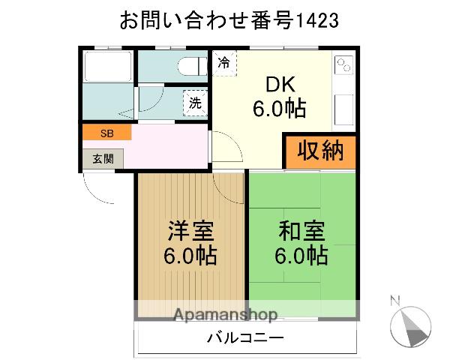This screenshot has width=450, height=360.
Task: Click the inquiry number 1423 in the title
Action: tap(316, 20)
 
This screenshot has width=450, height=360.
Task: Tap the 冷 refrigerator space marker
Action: tap(224, 63)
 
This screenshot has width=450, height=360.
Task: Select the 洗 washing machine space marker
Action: tap(195, 103)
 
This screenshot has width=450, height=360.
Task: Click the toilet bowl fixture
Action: tap(192, 66)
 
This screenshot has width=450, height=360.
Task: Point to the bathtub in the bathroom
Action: tap(108, 67)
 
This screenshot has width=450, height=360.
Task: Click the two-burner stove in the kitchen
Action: tap(343, 65)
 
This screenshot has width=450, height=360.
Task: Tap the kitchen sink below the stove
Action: tap(344, 109)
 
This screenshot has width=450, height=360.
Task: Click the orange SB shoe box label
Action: tap(107, 133)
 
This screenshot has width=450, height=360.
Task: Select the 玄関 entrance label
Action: tap(103, 159)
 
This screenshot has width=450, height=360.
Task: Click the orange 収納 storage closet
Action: tap(321, 151)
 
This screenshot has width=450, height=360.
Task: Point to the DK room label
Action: tap(280, 85)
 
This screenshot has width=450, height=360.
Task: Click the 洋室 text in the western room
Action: tap(190, 230)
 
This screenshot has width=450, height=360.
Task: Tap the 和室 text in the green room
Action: tap(301, 230)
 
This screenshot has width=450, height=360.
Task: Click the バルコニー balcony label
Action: tap(245, 338)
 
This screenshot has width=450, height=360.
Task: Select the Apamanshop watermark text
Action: tap(226, 315)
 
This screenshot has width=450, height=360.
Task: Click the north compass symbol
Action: tap(411, 327)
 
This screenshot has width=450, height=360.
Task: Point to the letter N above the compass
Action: tap(395, 300)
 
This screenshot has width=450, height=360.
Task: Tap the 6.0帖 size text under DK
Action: tap(279, 109)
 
